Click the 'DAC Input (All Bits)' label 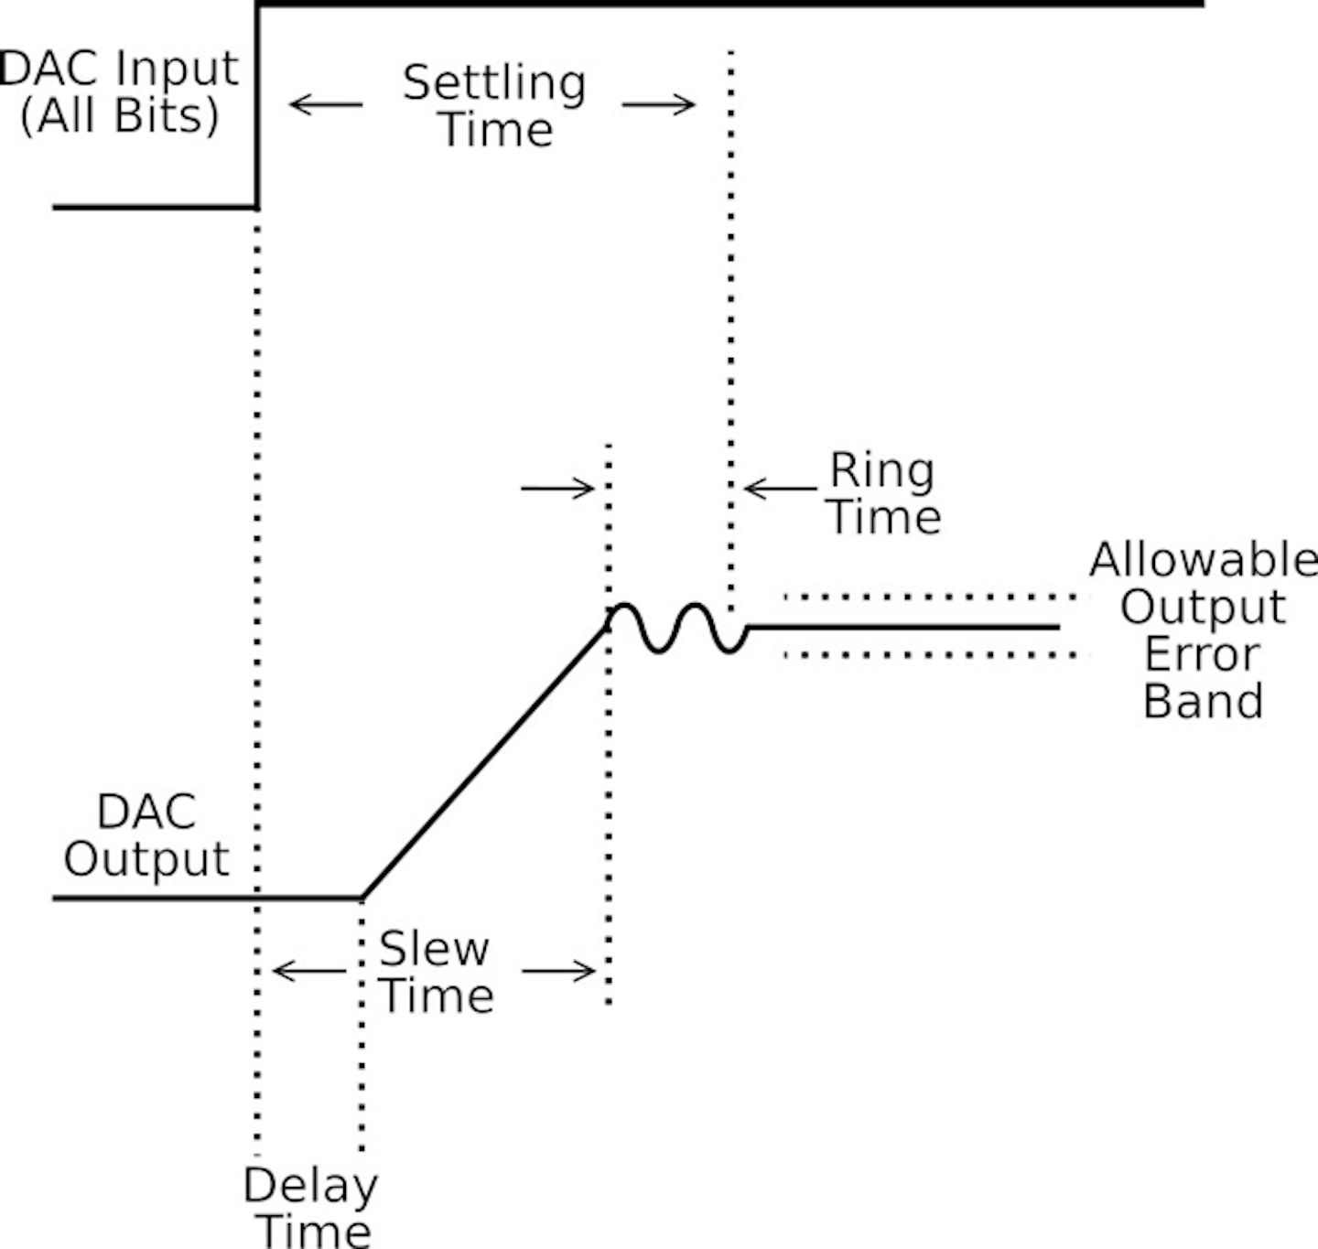120,92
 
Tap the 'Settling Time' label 495,105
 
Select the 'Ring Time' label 884,493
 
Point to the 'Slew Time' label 436,972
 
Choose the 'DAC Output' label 146,835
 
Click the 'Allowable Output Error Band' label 1203,630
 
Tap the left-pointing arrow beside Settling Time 326,104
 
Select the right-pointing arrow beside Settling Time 659,104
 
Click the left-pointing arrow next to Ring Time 779,489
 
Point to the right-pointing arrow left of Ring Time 557,489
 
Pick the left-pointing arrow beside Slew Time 309,970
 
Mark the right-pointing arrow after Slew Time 558,970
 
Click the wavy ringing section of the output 677,628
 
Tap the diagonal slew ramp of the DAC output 485,761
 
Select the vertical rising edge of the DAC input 258,105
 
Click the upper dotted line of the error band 929,598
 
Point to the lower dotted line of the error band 929,655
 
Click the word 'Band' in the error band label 1203,702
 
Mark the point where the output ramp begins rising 362,898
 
